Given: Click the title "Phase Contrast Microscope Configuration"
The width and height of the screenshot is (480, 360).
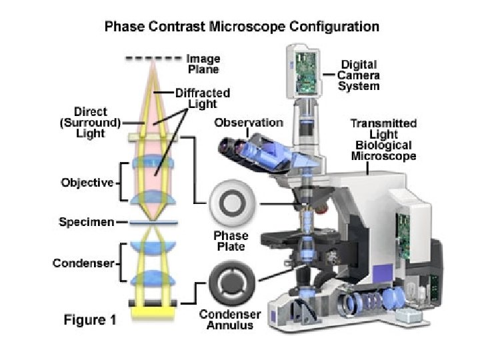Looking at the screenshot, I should click(x=241, y=27).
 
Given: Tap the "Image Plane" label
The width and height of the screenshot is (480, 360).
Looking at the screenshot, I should click(x=203, y=63).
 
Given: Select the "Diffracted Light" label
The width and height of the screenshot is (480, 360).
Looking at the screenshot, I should click(x=203, y=99).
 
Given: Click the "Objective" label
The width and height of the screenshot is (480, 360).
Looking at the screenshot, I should click(x=87, y=182).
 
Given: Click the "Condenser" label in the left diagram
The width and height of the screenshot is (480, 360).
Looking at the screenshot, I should click(x=83, y=263).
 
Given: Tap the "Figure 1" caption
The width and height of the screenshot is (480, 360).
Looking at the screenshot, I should click(x=89, y=320).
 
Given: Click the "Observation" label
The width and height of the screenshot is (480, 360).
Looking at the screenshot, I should click(x=249, y=123).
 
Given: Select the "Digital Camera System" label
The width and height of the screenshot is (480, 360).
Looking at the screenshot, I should click(x=359, y=75).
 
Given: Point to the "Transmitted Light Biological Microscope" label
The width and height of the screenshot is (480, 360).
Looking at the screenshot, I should click(x=383, y=139).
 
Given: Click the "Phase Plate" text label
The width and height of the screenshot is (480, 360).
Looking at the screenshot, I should click(x=231, y=241).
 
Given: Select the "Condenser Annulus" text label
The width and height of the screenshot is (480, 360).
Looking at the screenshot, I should click(x=230, y=320).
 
